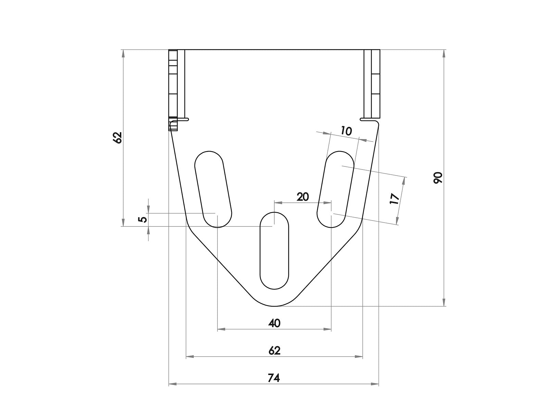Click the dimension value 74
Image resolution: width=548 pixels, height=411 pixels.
click(x=274, y=378)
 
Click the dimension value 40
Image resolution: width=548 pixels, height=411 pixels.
click(x=275, y=323)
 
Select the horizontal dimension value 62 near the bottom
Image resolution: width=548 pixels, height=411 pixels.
click(x=275, y=350)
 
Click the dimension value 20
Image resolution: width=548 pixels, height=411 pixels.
click(x=303, y=197)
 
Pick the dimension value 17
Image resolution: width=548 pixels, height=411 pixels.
click(x=395, y=199)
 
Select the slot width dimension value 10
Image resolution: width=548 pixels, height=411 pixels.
click(x=346, y=131)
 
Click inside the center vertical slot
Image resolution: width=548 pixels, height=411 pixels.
click(x=274, y=250)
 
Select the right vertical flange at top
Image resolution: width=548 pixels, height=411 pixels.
click(x=372, y=84)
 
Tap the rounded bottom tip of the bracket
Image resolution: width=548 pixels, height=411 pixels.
click(x=274, y=305)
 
